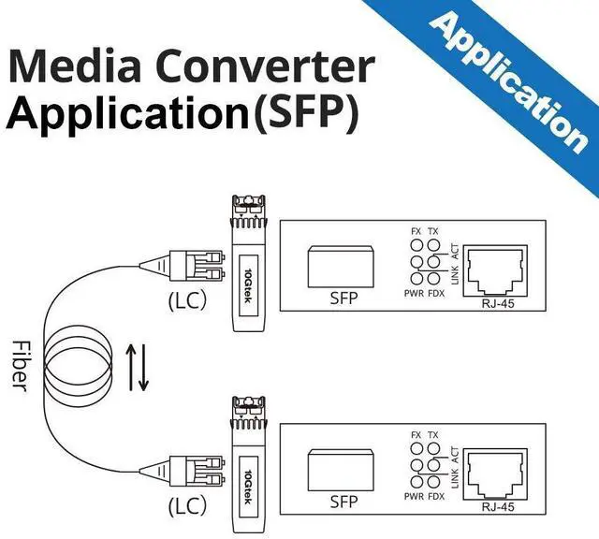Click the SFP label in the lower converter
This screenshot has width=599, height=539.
344,503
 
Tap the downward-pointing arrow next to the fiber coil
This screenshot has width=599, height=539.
145,368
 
